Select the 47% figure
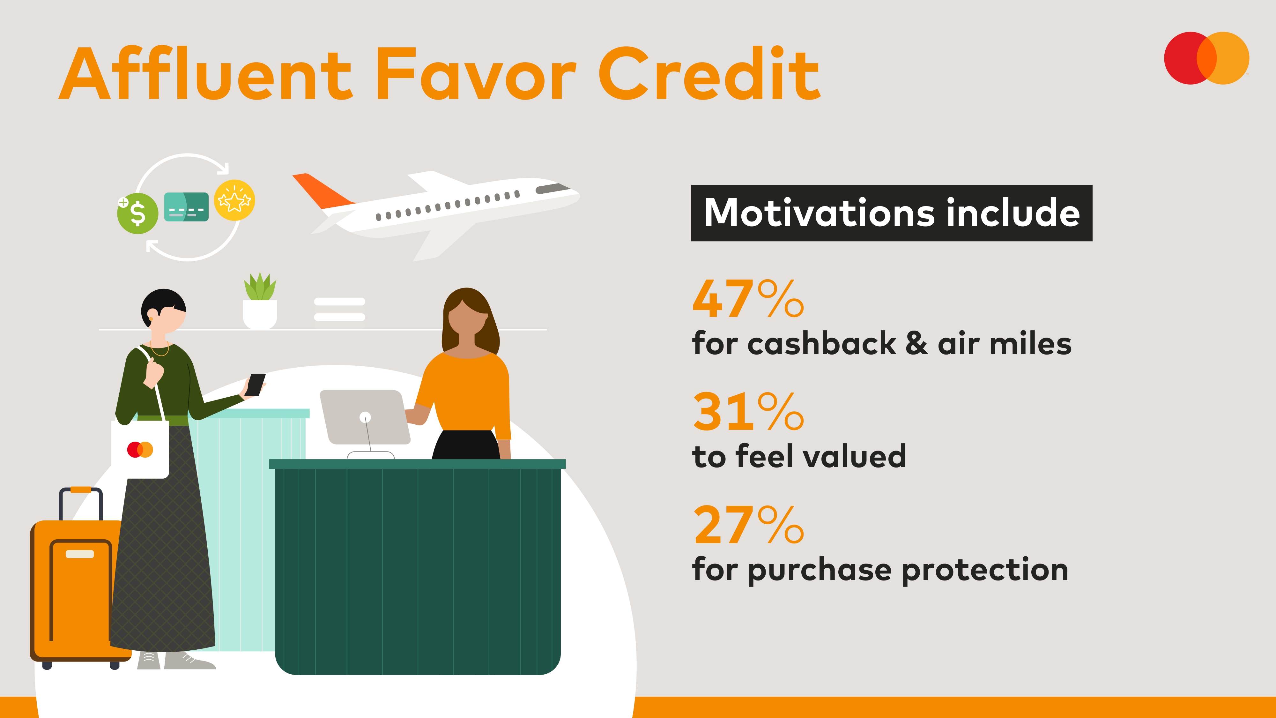(x=748, y=298)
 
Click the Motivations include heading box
(x=892, y=213)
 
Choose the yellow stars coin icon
(x=234, y=200)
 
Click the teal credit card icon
(x=186, y=207)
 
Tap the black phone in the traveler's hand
(x=255, y=385)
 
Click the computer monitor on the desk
(x=365, y=417)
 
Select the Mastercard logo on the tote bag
(x=140, y=449)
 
